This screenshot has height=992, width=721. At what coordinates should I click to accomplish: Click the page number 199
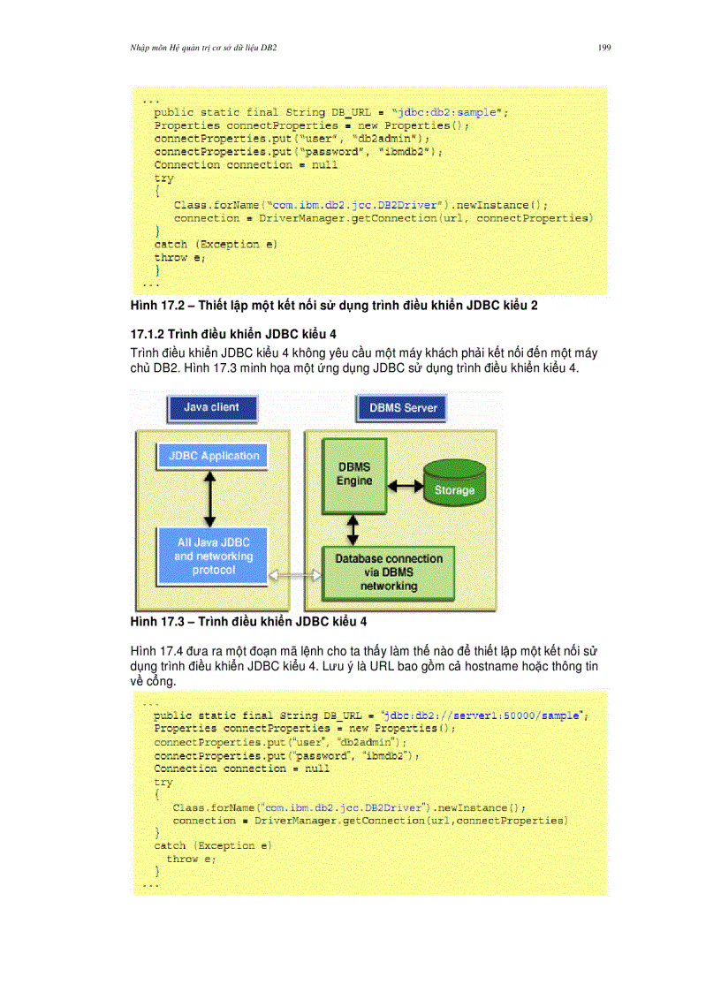tap(603, 48)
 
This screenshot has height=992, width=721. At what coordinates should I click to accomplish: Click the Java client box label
tap(212, 408)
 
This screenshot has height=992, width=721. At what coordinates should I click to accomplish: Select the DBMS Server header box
tap(401, 408)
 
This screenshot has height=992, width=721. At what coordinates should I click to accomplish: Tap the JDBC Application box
tap(213, 456)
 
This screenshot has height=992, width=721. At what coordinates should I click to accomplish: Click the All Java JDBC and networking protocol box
tap(213, 557)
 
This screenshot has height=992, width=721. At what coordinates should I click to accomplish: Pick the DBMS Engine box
tap(353, 475)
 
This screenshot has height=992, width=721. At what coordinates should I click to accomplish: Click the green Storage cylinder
tap(454, 482)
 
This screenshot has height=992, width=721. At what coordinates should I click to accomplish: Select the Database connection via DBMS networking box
tap(389, 572)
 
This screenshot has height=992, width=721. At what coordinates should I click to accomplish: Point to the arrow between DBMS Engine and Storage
tap(406, 486)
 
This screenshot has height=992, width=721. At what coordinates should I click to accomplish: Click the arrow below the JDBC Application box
tap(210, 499)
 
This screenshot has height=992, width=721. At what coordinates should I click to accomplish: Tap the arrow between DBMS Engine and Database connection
tap(353, 530)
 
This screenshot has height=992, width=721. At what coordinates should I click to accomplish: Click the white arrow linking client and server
tap(295, 575)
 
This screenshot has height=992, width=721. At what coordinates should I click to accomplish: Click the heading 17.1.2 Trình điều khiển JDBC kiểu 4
tap(233, 334)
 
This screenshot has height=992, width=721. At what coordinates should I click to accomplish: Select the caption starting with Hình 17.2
tap(334, 306)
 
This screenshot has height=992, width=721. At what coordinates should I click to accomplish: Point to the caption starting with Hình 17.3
tap(248, 622)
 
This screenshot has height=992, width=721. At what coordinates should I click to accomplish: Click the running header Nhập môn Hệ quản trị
tap(203, 48)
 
